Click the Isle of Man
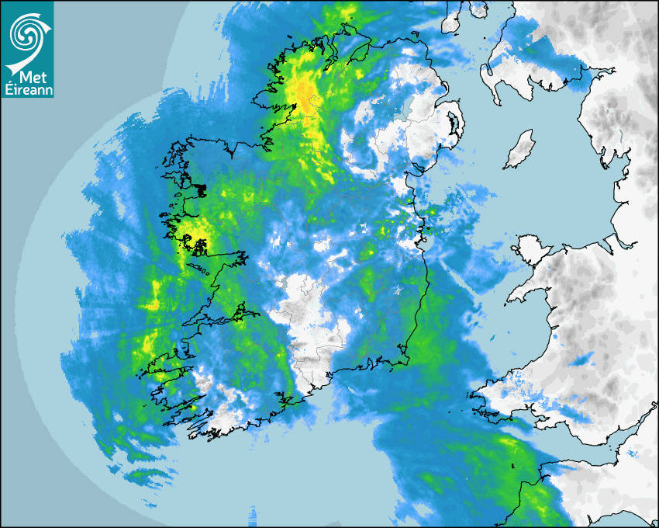click(x=520, y=149)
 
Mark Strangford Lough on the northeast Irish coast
click(x=452, y=122)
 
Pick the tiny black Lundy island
click(x=513, y=466)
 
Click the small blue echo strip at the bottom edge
click(x=252, y=513)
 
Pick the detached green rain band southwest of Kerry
click(x=147, y=474)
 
